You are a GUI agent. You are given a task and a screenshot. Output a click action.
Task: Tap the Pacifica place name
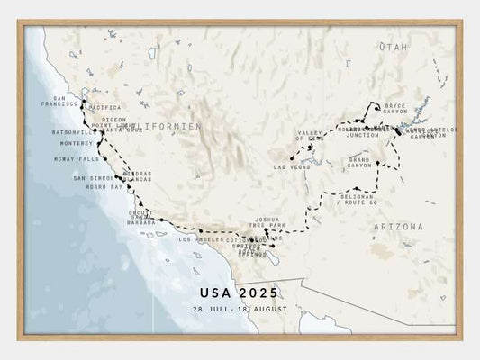(x=104, y=108)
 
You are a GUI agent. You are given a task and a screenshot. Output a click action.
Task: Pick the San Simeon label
(x=94, y=178)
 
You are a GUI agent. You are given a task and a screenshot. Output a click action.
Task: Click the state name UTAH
(x=394, y=46)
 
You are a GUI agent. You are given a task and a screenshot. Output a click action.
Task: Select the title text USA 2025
(x=239, y=292)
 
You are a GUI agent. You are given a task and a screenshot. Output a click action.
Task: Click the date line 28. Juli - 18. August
(x=239, y=309)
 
